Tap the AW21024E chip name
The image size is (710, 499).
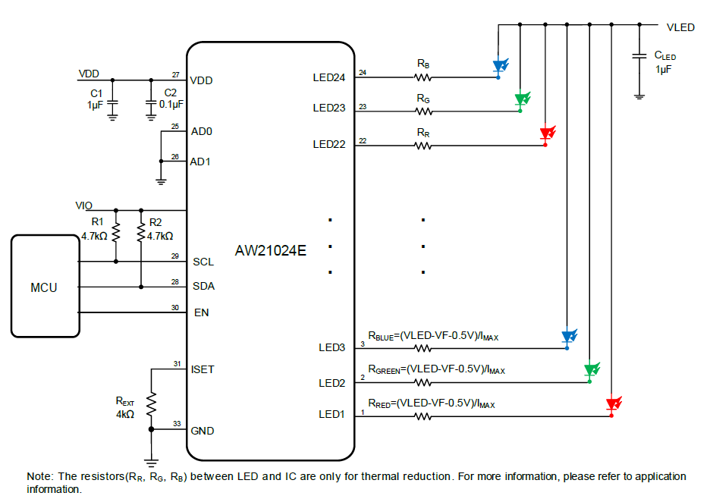pyautogui.click(x=270, y=250)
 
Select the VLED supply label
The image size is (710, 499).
pyautogui.click(x=680, y=27)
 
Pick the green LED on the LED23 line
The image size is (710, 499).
pyautogui.click(x=522, y=99)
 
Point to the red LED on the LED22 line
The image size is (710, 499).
pyautogui.click(x=548, y=133)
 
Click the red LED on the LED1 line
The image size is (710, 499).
pyautogui.click(x=614, y=404)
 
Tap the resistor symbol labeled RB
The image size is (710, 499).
pyautogui.click(x=423, y=78)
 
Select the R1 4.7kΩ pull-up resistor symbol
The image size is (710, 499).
pyautogui.click(x=116, y=232)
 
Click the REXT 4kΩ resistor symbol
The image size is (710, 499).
pyautogui.click(x=151, y=404)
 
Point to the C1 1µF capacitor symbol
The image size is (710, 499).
pyautogui.click(x=112, y=103)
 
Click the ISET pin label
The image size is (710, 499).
pyautogui.click(x=203, y=369)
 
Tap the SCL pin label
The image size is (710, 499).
pyautogui.click(x=203, y=262)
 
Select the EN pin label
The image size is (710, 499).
pyautogui.click(x=202, y=312)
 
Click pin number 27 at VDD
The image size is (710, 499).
pyautogui.click(x=176, y=75)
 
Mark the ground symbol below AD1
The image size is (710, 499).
pyautogui.click(x=161, y=182)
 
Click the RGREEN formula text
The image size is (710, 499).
pyautogui.click(x=436, y=370)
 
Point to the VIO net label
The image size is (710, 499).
pyautogui.click(x=83, y=206)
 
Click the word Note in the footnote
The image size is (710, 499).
pyautogui.click(x=39, y=476)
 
